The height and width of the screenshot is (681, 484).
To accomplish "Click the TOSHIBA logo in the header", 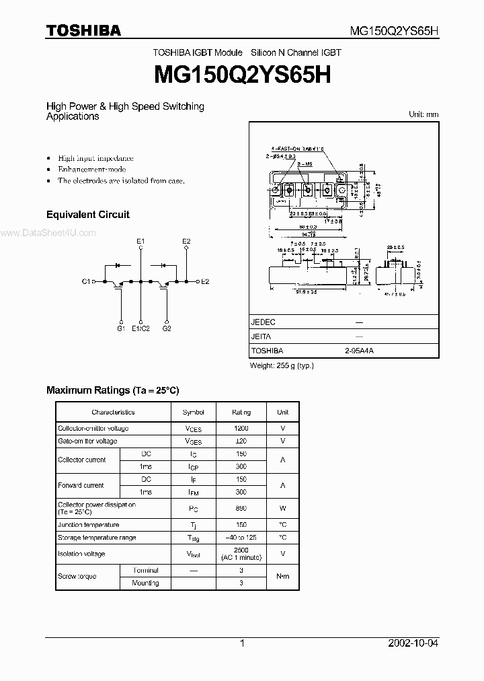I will pyautogui.click(x=83, y=30).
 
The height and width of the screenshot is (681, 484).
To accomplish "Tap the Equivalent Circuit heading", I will pyautogui.click(x=87, y=215).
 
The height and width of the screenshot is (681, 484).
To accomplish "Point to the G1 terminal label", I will pyautogui.click(x=121, y=328).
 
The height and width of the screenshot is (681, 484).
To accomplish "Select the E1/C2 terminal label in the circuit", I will pyautogui.click(x=140, y=328).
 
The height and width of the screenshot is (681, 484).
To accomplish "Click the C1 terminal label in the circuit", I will pyautogui.click(x=86, y=281).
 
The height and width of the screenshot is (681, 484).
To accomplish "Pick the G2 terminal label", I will pyautogui.click(x=167, y=328).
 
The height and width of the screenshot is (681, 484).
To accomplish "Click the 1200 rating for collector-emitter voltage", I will pyautogui.click(x=241, y=429).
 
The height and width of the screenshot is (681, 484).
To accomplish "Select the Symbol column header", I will pyautogui.click(x=193, y=412).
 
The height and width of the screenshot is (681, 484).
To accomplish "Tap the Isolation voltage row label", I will pyautogui.click(x=81, y=554).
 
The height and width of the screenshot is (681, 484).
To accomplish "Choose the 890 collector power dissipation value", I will pyautogui.click(x=241, y=508).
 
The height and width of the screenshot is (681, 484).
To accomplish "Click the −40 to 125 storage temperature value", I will pyautogui.click(x=241, y=538).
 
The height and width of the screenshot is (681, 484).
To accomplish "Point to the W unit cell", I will pyautogui.click(x=283, y=508).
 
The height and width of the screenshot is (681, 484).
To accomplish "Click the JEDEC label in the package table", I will pyautogui.click(x=263, y=322).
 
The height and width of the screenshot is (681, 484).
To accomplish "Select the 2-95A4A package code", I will pyautogui.click(x=360, y=351).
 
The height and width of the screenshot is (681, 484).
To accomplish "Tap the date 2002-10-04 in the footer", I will pyautogui.click(x=413, y=643).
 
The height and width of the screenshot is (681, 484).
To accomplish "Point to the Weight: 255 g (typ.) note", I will pyautogui.click(x=282, y=365).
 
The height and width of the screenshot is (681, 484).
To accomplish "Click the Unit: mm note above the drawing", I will pyautogui.click(x=424, y=114).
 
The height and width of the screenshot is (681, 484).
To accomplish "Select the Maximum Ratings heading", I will pyautogui.click(x=112, y=390).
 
